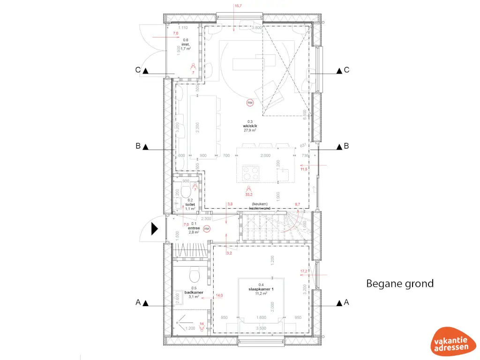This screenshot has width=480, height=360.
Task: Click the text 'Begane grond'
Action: pos(399,284)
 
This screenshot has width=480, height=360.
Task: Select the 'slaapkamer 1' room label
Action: pos(261,289)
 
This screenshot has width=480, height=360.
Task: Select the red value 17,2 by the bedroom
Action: pos(304,271)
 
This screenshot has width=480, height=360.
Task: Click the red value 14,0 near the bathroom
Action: pos(219,296)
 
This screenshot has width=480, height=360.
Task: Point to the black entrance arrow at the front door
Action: pos(154,229)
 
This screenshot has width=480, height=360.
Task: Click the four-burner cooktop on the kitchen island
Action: pos(249,174)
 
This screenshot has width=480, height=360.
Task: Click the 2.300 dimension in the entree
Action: pos(206,219)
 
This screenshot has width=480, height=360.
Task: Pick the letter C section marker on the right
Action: pos(346,70)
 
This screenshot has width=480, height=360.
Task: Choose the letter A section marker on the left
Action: pos(138,303)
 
